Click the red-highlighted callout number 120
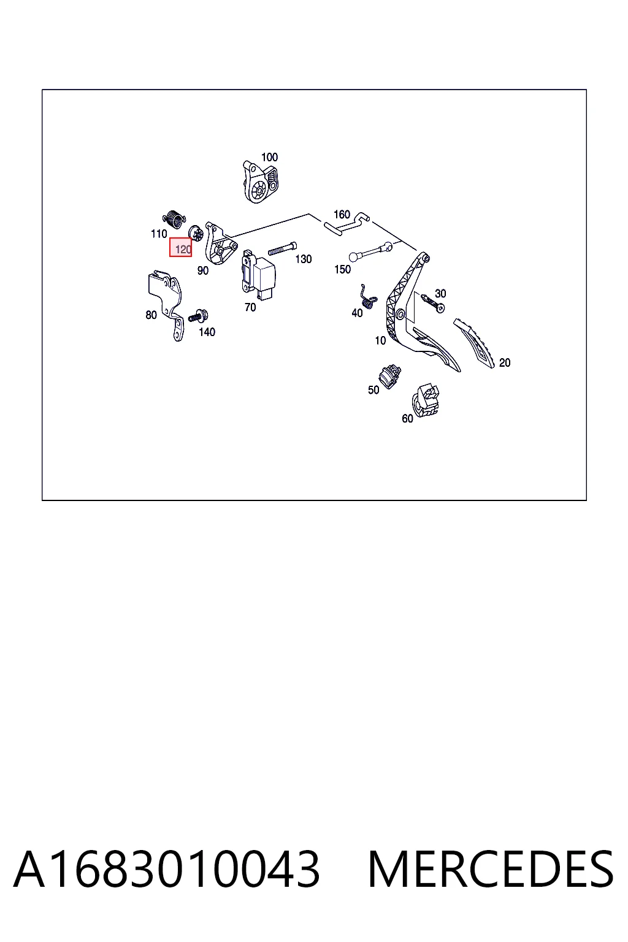pos(183,250)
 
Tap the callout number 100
pos(270,157)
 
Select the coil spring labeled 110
pos(174,219)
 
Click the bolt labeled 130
pos(282,248)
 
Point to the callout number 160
pos(342,215)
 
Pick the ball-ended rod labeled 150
pos(370,252)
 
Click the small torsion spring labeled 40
pos(369,297)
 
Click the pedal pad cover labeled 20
pos(475,343)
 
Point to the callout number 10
pos(380,340)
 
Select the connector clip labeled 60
pos(425,400)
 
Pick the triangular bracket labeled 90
pos(220,244)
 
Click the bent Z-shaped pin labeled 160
pos(347,223)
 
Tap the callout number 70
pos(250,307)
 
